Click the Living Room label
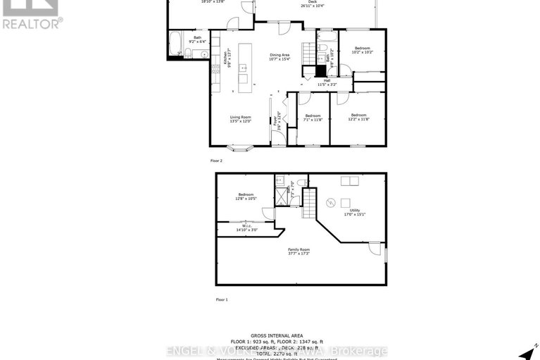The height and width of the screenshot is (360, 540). click(240, 119)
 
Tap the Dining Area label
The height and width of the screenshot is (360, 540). click(280, 56)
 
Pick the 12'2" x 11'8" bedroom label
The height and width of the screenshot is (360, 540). click(358, 117)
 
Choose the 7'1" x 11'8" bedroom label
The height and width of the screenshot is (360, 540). click(313, 118)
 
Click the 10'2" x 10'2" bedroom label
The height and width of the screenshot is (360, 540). click(363, 49)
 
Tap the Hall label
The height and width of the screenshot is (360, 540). click(327, 82)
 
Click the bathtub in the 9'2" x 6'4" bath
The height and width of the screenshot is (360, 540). click(176, 44)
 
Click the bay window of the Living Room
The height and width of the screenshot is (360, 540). click(240, 149)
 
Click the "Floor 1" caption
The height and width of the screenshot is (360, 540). click(221, 299)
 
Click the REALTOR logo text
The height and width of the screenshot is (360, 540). click(31, 24)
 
